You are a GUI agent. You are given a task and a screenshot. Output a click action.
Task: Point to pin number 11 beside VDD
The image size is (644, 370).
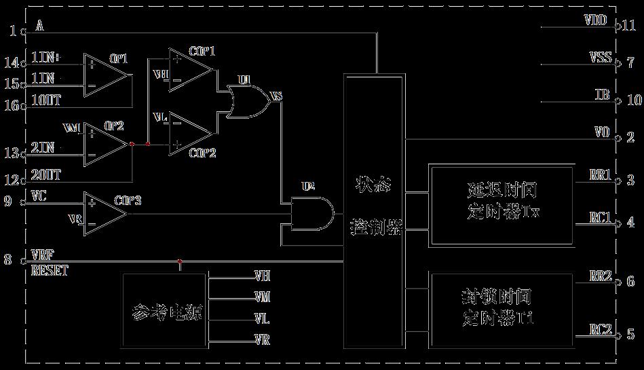pyautogui.click(x=628, y=26)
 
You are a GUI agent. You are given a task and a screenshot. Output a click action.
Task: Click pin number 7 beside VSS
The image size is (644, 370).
pyautogui.click(x=630, y=63)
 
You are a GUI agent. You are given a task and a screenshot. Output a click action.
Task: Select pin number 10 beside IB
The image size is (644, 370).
pyautogui.click(x=633, y=100)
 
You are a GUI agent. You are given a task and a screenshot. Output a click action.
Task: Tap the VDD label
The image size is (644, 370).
pyautogui.click(x=595, y=20)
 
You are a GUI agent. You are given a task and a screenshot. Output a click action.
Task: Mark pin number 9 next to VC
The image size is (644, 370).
pyautogui.click(x=8, y=202)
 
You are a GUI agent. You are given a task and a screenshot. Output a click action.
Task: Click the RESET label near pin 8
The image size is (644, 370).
pyautogui.click(x=50, y=271)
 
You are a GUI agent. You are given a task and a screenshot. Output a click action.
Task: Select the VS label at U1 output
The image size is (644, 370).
pyautogui.click(x=276, y=96)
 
